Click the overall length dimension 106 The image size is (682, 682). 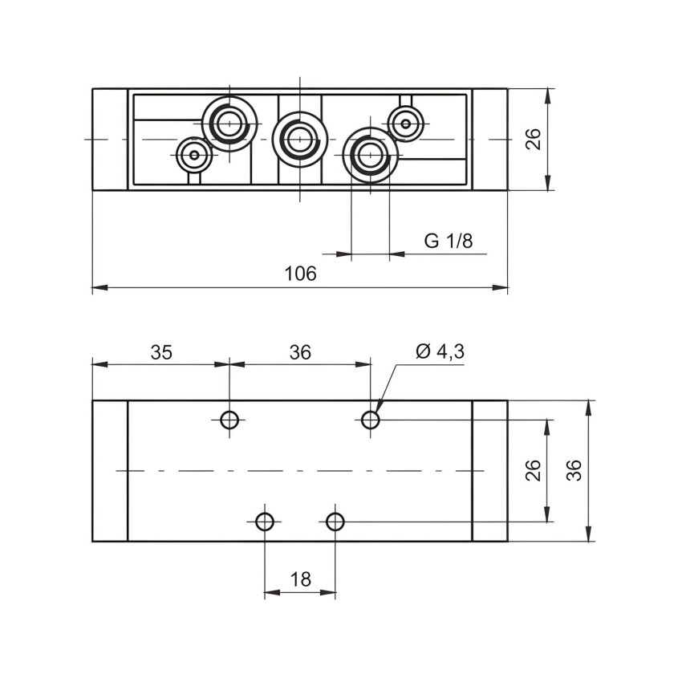click(301, 274)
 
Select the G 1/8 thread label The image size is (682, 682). click(449, 241)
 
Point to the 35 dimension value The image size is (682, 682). click(161, 351)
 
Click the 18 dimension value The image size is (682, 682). click(300, 579)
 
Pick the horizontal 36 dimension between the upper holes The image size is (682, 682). click(300, 351)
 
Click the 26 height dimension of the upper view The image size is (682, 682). click(534, 139)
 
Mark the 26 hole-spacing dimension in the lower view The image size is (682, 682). click(534, 470)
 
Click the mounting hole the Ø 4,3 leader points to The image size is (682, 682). click(370, 419)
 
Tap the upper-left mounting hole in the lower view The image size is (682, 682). click(229, 419)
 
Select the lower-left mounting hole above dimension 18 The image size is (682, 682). click(265, 522)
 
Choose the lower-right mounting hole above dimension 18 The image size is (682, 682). click(335, 522)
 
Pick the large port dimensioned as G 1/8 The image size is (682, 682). click(370, 154)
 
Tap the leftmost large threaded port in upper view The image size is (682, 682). click(229, 124)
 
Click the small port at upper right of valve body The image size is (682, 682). click(406, 124)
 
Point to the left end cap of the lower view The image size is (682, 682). click(110, 470)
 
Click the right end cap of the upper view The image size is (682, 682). click(489, 139)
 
